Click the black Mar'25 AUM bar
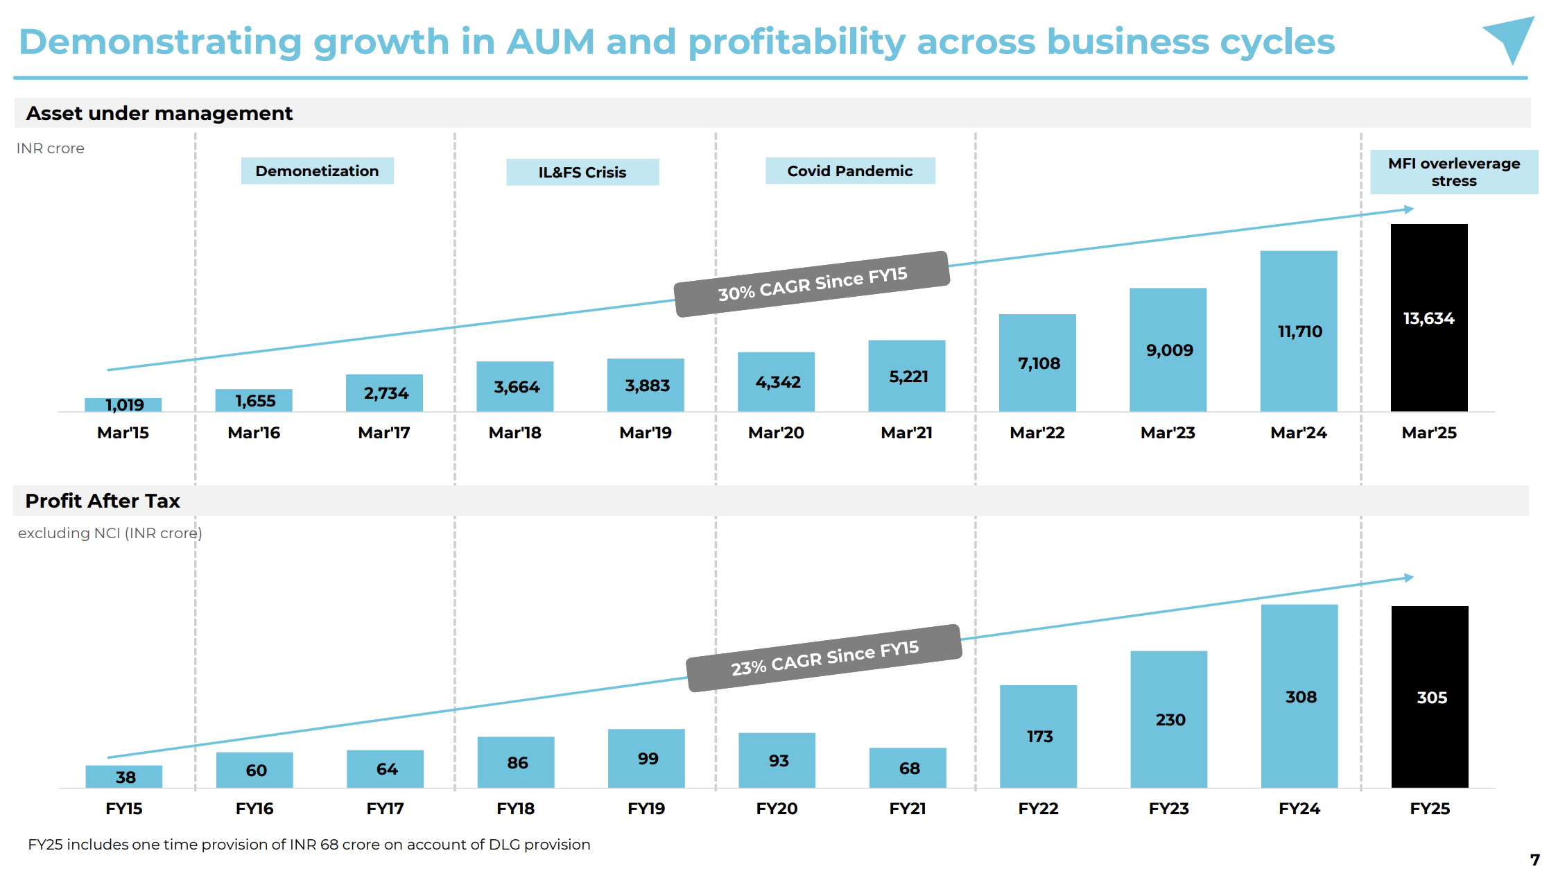point(1428,318)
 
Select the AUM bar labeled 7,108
point(1037,363)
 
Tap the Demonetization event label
point(317,171)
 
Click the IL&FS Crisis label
point(582,173)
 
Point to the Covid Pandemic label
point(849,171)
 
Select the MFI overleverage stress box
point(1453,172)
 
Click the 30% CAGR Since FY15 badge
point(812,284)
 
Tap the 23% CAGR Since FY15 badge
point(824,658)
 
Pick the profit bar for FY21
point(908,768)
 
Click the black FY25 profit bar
point(1430,697)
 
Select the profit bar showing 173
point(1038,736)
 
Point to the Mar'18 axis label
point(514,433)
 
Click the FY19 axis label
point(646,809)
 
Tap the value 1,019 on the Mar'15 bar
point(125,405)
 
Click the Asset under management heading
point(159,113)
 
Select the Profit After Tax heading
point(103,501)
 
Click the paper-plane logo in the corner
point(1510,40)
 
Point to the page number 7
point(1534,860)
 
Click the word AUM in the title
point(551,42)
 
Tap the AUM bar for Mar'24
point(1298,331)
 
